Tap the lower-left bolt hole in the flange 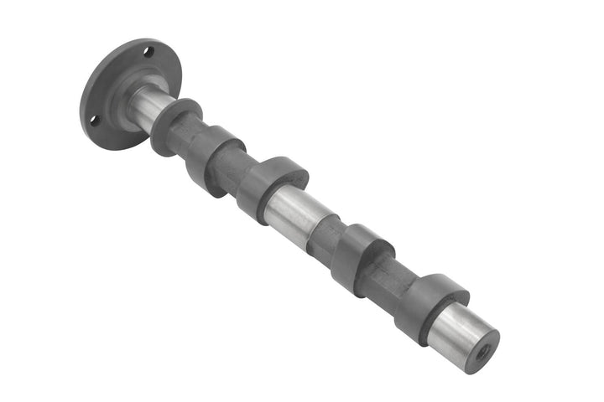pyautogui.click(x=94, y=120)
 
